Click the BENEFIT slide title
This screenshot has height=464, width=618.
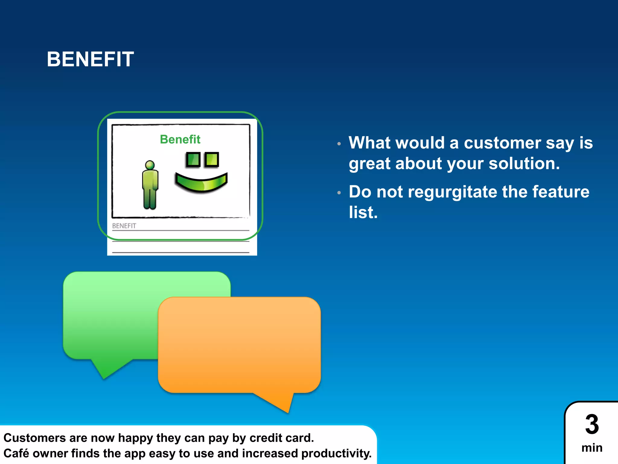[90, 59]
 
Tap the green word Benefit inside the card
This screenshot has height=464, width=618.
[180, 139]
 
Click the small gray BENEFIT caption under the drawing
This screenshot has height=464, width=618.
[124, 226]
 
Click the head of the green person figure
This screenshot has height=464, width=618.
[150, 165]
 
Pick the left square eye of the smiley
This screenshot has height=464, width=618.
[193, 159]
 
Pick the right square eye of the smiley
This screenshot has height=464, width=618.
[212, 159]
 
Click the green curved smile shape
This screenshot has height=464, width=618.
[201, 183]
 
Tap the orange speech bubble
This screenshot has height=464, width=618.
[239, 344]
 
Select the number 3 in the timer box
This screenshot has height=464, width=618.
[592, 424]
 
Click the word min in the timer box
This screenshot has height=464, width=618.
[592, 448]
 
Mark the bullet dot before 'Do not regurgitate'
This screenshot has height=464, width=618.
[339, 192]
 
